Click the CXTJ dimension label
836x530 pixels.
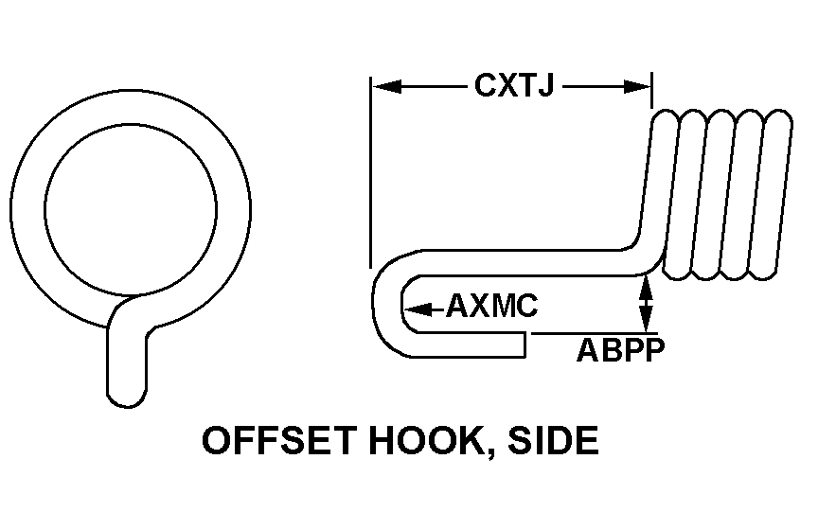[x=513, y=87]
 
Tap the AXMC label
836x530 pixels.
[x=491, y=308]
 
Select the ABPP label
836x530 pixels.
[x=620, y=350]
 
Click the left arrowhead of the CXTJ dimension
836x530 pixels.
[x=383, y=87]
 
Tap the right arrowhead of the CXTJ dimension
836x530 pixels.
[x=639, y=87]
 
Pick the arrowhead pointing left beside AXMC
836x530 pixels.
[x=416, y=308]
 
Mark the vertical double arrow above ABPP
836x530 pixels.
[x=646, y=304]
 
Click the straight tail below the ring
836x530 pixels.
[x=128, y=364]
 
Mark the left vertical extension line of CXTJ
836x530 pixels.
[x=371, y=170]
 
